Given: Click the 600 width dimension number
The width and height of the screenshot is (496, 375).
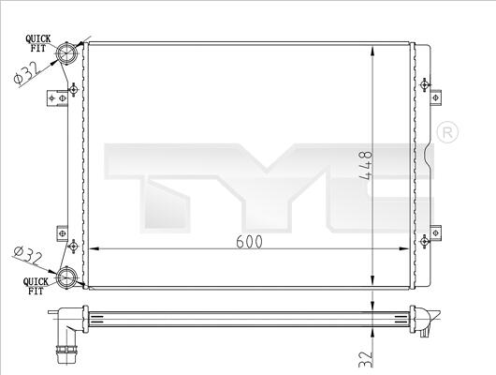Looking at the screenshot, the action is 249,242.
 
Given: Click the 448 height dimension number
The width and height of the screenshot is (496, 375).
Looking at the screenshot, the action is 367,166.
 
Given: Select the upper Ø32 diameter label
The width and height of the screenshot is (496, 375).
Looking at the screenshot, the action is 26,72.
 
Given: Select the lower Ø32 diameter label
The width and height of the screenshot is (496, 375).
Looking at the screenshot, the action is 27,257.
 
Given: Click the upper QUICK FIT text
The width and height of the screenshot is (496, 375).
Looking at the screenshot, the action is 38,43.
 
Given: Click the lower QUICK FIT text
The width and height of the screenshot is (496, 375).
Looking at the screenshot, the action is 36,286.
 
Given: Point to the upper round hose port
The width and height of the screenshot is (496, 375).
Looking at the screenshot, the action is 66,52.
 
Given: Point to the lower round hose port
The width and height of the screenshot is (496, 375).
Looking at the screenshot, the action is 66,277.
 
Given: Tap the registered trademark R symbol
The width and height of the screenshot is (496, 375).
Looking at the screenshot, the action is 447,132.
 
